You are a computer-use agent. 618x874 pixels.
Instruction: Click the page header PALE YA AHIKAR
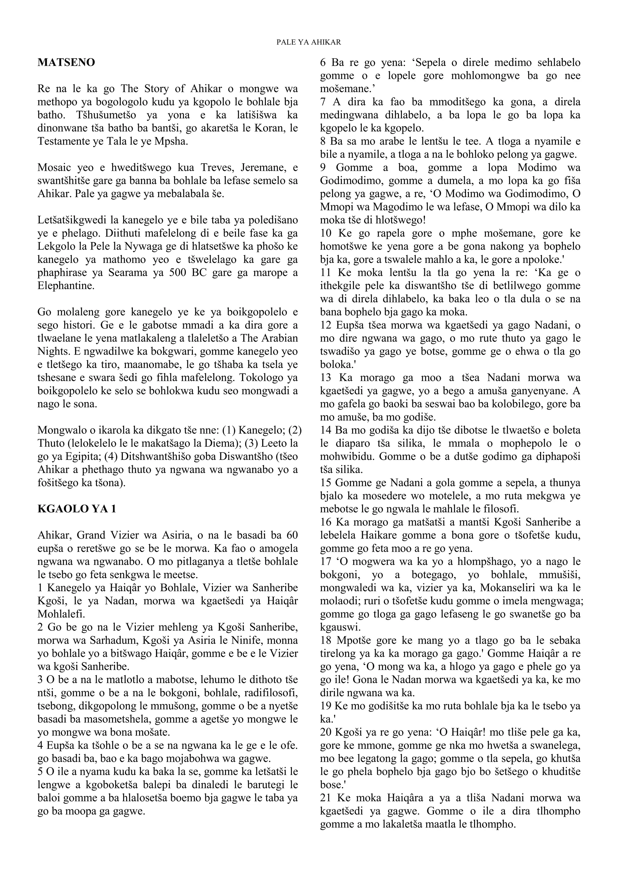[309, 42]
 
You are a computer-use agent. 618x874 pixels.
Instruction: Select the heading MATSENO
[66, 62]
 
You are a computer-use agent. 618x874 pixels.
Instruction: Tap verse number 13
[325, 378]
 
